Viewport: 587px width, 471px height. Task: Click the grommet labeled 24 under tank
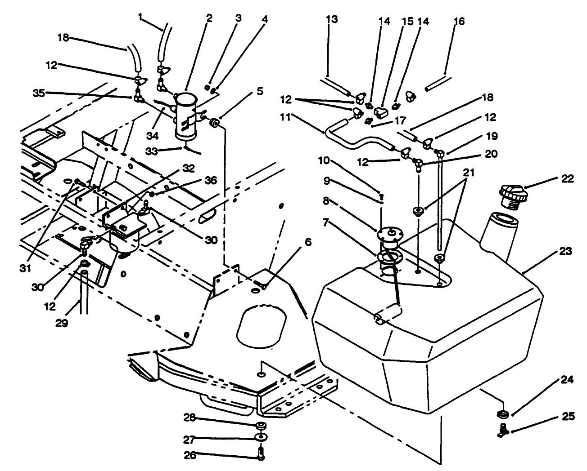tap(502, 413)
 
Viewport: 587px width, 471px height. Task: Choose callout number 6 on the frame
tap(307, 242)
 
